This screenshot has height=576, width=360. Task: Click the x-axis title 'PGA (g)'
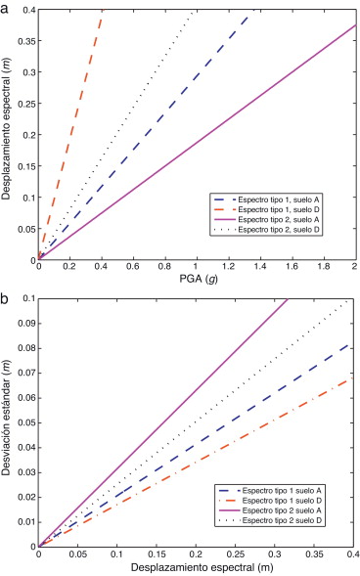tap(196, 280)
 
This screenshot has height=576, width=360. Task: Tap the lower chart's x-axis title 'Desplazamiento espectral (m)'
tap(196, 567)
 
